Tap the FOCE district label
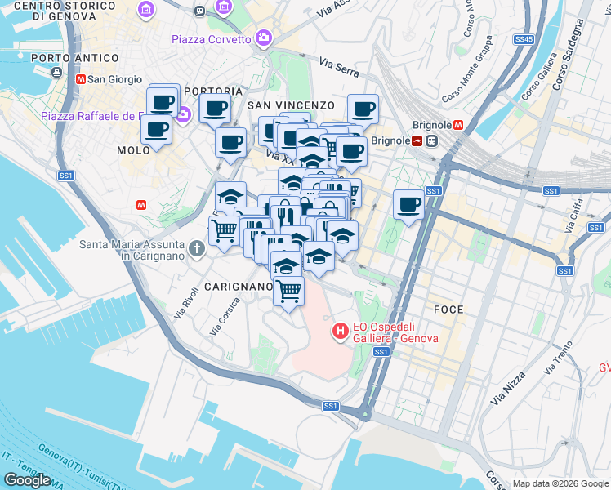(x=448, y=310)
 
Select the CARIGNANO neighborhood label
(x=239, y=287)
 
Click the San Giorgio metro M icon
(x=81, y=79)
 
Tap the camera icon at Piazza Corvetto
(x=264, y=38)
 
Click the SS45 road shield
(x=524, y=39)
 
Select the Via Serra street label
(x=339, y=67)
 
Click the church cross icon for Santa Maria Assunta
(x=196, y=247)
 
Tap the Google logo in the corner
(x=27, y=480)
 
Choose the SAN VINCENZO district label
(x=291, y=105)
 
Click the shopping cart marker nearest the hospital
(x=288, y=290)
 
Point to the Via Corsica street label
(x=226, y=314)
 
